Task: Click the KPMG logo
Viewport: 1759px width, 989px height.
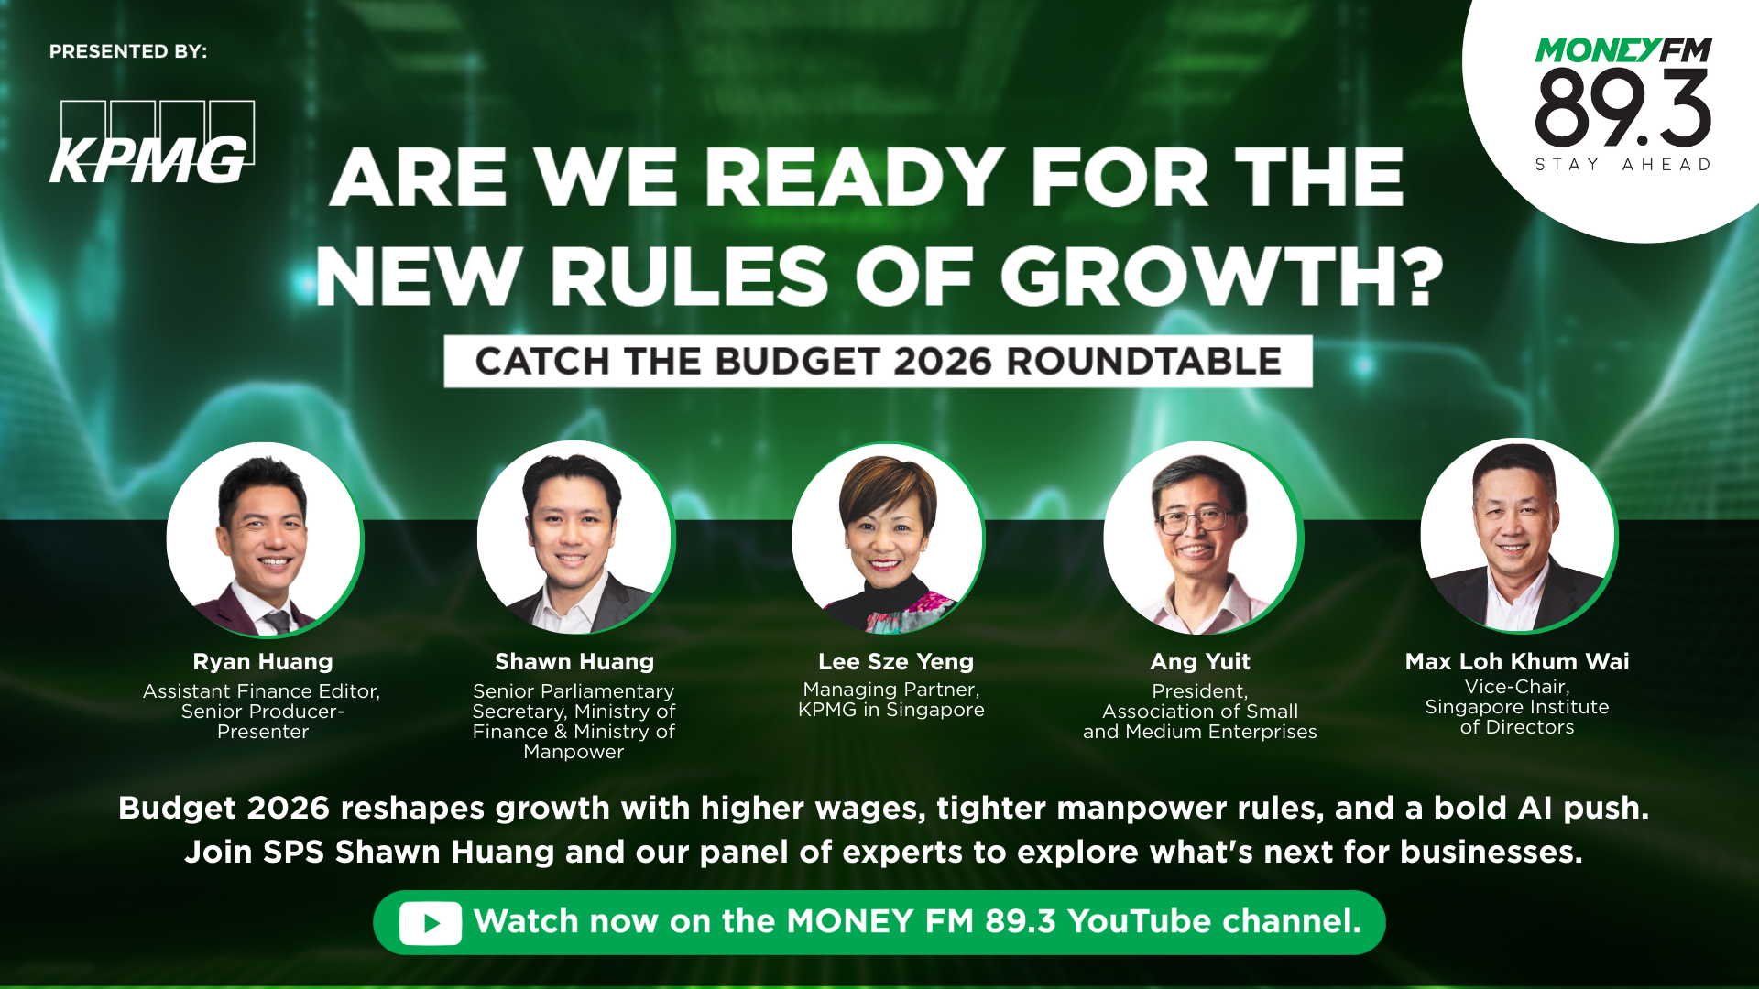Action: pyautogui.click(x=152, y=143)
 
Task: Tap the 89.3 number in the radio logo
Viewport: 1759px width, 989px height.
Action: pyautogui.click(x=1622, y=109)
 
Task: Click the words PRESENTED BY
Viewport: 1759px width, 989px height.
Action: pyautogui.click(x=128, y=51)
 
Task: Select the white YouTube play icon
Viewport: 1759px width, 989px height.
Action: pyautogui.click(x=431, y=923)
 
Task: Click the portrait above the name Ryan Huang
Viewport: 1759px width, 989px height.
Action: pyautogui.click(x=264, y=539)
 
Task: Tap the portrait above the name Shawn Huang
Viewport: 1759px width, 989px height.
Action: pyautogui.click(x=575, y=538)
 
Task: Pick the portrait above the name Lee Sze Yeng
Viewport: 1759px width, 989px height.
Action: pyautogui.click(x=888, y=538)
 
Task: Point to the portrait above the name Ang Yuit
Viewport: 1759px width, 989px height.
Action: pyautogui.click(x=1201, y=538)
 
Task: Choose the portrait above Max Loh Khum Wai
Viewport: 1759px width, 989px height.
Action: pyautogui.click(x=1518, y=536)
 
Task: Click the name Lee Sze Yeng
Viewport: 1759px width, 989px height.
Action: pyautogui.click(x=896, y=661)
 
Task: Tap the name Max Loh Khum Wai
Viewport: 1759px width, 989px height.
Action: pyautogui.click(x=1517, y=661)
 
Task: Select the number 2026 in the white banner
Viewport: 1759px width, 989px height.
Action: pyautogui.click(x=943, y=362)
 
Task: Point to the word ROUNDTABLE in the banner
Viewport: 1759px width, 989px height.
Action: pyautogui.click(x=1144, y=362)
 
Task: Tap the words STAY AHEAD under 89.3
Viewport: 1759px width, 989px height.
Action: pyautogui.click(x=1623, y=165)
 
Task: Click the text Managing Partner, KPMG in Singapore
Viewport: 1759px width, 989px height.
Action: pyautogui.click(x=891, y=700)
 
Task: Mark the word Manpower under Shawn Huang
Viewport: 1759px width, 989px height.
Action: pyautogui.click(x=574, y=752)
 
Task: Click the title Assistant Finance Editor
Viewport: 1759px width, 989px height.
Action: pyautogui.click(x=261, y=691)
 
